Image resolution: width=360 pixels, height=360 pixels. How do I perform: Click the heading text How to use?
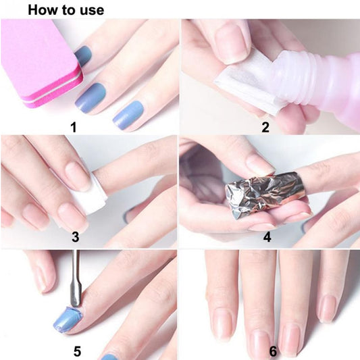pyautogui.click(x=65, y=9)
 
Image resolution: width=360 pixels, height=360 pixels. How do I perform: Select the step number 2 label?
pyautogui.click(x=265, y=126)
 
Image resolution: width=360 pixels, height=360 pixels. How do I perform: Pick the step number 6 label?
pyautogui.click(x=272, y=351)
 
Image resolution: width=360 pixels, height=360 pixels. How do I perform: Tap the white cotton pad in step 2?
pyautogui.click(x=244, y=84)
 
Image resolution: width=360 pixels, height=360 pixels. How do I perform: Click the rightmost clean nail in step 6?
pyautogui.click(x=328, y=307)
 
